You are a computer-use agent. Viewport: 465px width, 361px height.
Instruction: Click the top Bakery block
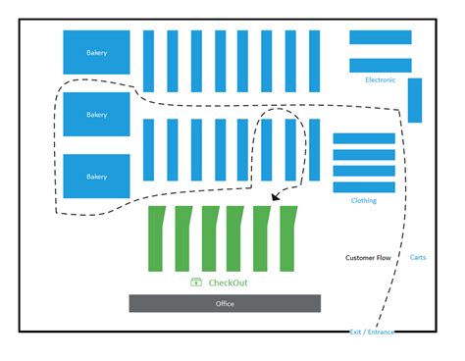point(96,52)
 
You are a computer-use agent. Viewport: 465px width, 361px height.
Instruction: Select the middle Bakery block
point(96,114)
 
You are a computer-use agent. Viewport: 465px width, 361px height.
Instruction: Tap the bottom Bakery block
point(96,177)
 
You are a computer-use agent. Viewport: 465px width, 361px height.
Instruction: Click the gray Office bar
point(225,303)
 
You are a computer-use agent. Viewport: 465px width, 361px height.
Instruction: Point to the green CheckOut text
point(228,283)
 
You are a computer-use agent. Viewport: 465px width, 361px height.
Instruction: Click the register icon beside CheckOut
point(196,283)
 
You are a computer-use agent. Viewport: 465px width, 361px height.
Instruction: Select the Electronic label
point(380,79)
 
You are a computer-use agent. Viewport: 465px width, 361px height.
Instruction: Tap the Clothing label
point(363,200)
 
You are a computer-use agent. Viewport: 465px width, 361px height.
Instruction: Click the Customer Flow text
point(368,258)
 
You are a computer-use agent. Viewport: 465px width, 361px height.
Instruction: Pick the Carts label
point(418,257)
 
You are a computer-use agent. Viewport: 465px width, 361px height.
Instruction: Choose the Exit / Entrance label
point(373,332)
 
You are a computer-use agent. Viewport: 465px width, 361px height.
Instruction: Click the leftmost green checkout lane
point(156,238)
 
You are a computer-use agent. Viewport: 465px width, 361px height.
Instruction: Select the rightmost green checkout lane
point(288,238)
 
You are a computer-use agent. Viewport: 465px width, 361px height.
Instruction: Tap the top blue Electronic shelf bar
point(381,37)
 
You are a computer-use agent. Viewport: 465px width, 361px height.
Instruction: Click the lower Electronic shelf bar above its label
point(381,65)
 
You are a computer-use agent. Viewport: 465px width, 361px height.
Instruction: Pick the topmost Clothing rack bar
point(364,138)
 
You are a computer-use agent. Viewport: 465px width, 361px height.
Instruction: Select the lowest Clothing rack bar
point(364,186)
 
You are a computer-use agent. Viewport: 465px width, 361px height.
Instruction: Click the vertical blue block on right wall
point(415,100)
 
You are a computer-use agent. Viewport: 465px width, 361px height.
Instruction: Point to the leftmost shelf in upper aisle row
point(149,61)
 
